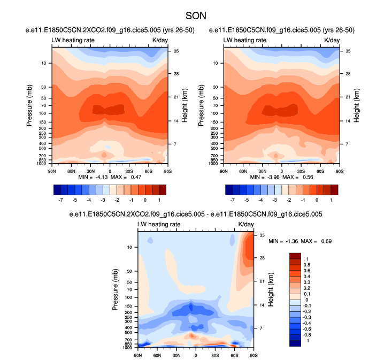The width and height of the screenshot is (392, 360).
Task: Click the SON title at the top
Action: click(195, 16)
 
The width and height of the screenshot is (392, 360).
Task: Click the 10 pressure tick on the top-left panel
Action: click(43, 63)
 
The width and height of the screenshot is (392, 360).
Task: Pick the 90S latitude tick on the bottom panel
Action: click(253, 355)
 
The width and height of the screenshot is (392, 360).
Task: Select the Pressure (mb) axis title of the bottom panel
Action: click(116, 289)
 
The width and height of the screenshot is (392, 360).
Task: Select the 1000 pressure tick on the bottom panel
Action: click(127, 348)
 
